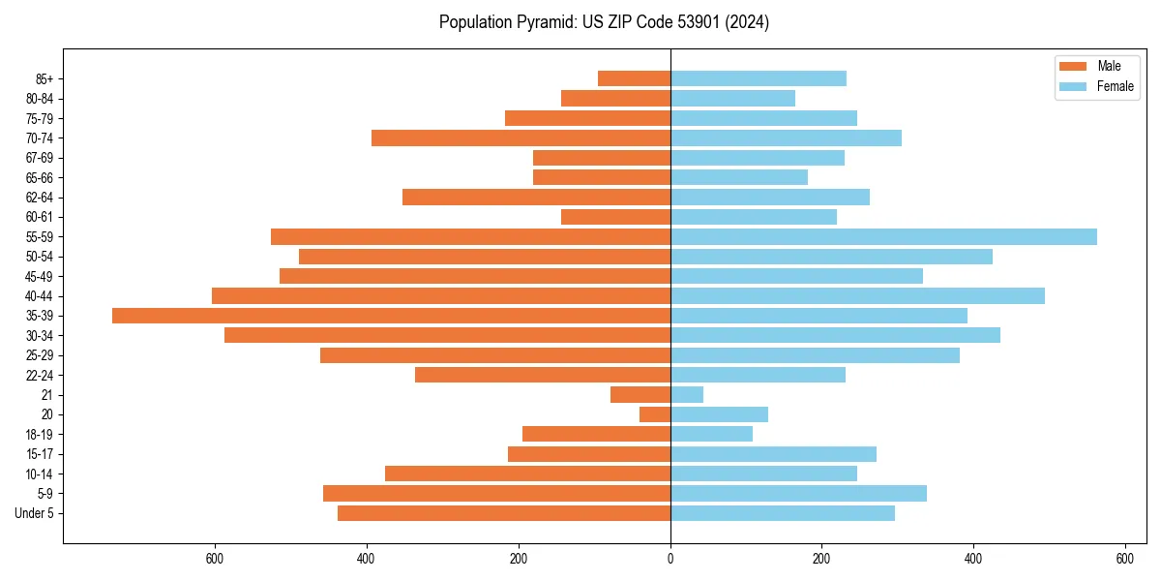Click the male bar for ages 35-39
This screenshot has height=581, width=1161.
[391, 316]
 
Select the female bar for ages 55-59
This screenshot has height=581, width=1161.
[883, 237]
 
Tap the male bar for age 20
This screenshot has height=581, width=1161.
[655, 414]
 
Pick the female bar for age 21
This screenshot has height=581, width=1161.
[687, 395]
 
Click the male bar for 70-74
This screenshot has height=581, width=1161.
[521, 138]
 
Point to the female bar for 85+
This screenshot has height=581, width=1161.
[759, 78]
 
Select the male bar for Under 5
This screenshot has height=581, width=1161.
[504, 513]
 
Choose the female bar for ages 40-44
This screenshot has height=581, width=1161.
[857, 296]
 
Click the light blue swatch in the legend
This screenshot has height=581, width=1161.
[1073, 86]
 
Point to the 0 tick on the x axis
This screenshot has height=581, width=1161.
[670, 559]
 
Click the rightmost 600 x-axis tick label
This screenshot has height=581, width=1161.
[1124, 559]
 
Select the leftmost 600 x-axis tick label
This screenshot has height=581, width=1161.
[215, 559]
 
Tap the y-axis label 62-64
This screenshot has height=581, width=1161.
[40, 198]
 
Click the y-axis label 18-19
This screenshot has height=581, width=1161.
[40, 435]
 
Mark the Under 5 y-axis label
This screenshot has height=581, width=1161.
[35, 513]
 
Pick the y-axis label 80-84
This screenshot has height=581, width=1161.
[40, 99]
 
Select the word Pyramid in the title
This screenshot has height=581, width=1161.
[543, 22]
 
